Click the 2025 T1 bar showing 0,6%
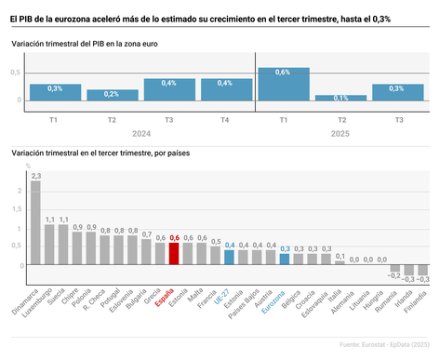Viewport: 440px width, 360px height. [283, 84]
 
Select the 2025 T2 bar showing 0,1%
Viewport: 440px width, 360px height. [340, 98]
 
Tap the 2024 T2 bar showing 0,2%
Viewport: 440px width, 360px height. [112, 95]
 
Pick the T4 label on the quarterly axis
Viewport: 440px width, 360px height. [224, 120]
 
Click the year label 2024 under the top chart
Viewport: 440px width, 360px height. [140, 133]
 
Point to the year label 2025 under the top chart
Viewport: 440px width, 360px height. [340, 133]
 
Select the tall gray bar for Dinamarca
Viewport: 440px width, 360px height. [36, 223]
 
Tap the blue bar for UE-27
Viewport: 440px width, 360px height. [229, 258]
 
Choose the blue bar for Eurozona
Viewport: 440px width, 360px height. [285, 260]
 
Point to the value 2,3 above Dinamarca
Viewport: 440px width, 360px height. [36, 175]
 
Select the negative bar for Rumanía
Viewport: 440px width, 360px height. [394, 269]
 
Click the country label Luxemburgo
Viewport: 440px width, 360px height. [41, 298]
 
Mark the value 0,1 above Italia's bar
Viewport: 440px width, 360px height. [340, 256]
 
